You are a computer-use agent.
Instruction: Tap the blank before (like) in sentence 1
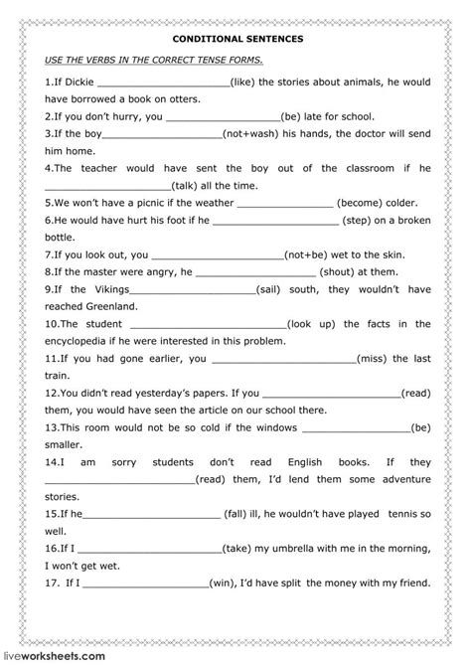tap(163, 83)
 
